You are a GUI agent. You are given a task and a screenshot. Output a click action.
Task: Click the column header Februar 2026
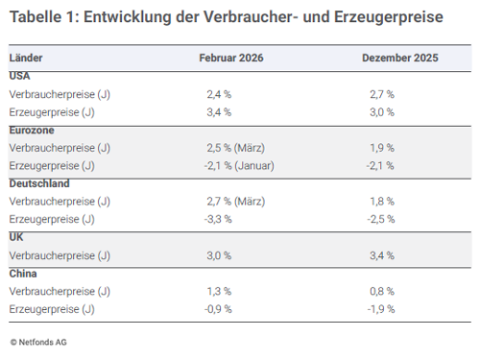231,59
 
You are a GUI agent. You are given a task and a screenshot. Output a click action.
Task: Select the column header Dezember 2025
399,59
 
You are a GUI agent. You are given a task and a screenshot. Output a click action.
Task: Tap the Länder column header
26,59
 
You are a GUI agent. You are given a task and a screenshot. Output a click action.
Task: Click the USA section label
19,76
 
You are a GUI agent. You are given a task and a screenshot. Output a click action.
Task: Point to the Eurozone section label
31,130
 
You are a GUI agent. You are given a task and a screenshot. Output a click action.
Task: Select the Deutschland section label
37,183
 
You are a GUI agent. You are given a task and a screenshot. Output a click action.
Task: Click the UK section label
16,237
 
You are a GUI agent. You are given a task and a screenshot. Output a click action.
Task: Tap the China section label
23,274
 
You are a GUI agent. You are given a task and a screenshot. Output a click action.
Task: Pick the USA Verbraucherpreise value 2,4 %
219,94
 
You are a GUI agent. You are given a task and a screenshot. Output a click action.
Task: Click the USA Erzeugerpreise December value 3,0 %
381,112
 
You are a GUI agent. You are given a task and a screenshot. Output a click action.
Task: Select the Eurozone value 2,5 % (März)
236,148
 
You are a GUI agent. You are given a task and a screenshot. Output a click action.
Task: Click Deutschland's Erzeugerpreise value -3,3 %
220,219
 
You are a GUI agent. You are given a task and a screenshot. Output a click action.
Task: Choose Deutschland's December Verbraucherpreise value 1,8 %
381,202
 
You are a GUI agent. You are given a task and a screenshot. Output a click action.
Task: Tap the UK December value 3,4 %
381,255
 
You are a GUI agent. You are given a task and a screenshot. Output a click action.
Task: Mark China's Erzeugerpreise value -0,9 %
220,309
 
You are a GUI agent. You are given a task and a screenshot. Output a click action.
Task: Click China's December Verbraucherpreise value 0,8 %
381,291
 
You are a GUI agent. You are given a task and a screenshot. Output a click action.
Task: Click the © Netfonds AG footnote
39,341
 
